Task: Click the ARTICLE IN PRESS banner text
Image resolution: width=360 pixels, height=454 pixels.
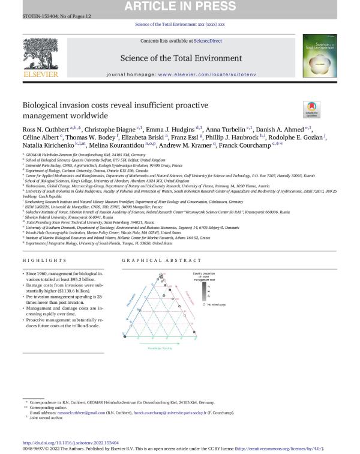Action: (180, 7)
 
